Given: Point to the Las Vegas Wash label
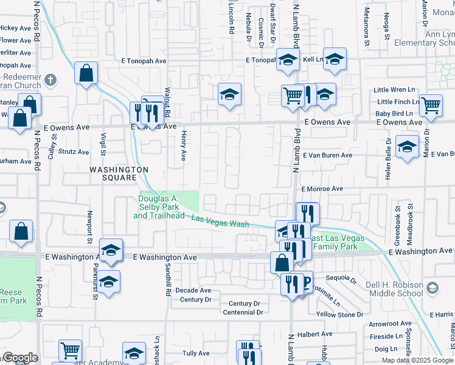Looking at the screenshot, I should click(220, 221).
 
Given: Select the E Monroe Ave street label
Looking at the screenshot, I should click(322, 189).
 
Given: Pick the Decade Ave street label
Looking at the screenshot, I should click(193, 290).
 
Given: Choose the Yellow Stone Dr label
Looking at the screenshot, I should click(339, 315).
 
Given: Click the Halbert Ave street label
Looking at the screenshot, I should click(314, 334).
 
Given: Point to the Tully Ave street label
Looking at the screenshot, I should click(196, 353).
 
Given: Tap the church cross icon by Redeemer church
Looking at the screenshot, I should click(50, 80).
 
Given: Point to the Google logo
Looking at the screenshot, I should click(19, 358).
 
